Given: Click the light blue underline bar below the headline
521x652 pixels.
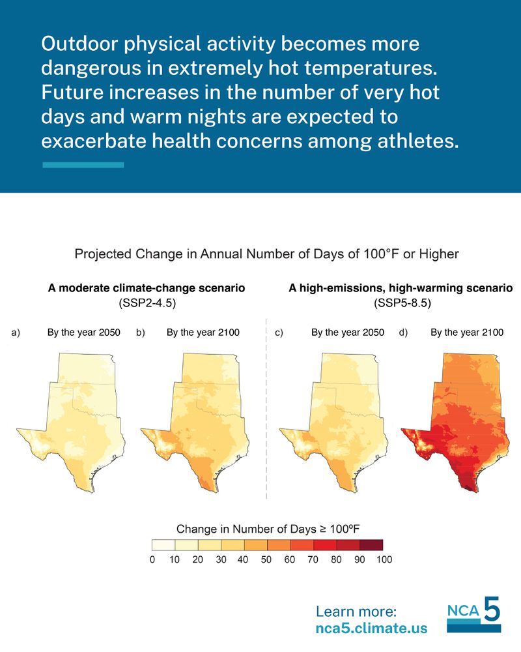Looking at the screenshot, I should coord(83,165).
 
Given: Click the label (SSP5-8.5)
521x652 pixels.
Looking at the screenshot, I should coord(401,303).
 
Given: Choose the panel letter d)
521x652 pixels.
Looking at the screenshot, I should coord(403,333).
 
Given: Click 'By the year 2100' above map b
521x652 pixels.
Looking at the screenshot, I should coord(203,333).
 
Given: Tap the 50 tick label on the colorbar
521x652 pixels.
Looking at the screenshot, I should coord(267,559).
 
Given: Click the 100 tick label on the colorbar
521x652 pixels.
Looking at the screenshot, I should coord(383,559).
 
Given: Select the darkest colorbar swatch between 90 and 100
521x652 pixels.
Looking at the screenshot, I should coord(371,544).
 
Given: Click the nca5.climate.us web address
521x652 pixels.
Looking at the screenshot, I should coord(371,629).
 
